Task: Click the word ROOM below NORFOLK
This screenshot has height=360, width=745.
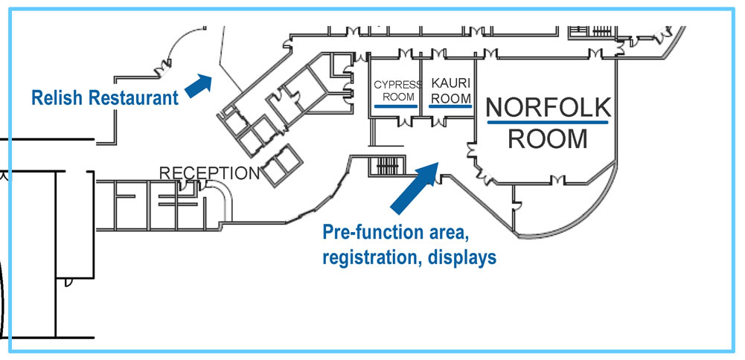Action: (x=548, y=138)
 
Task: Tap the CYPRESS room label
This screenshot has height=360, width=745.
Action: (x=393, y=85)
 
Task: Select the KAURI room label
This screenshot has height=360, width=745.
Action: (x=451, y=84)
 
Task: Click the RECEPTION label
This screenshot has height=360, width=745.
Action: (x=209, y=173)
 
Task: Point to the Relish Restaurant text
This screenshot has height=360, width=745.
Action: (x=104, y=97)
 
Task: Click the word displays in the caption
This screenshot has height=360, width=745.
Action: (x=460, y=257)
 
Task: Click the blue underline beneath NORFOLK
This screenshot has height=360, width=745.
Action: (x=548, y=121)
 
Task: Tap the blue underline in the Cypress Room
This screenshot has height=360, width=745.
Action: (x=395, y=106)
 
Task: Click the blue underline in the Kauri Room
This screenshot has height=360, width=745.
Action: (x=450, y=106)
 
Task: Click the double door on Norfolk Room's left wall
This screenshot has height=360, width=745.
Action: (x=472, y=152)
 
